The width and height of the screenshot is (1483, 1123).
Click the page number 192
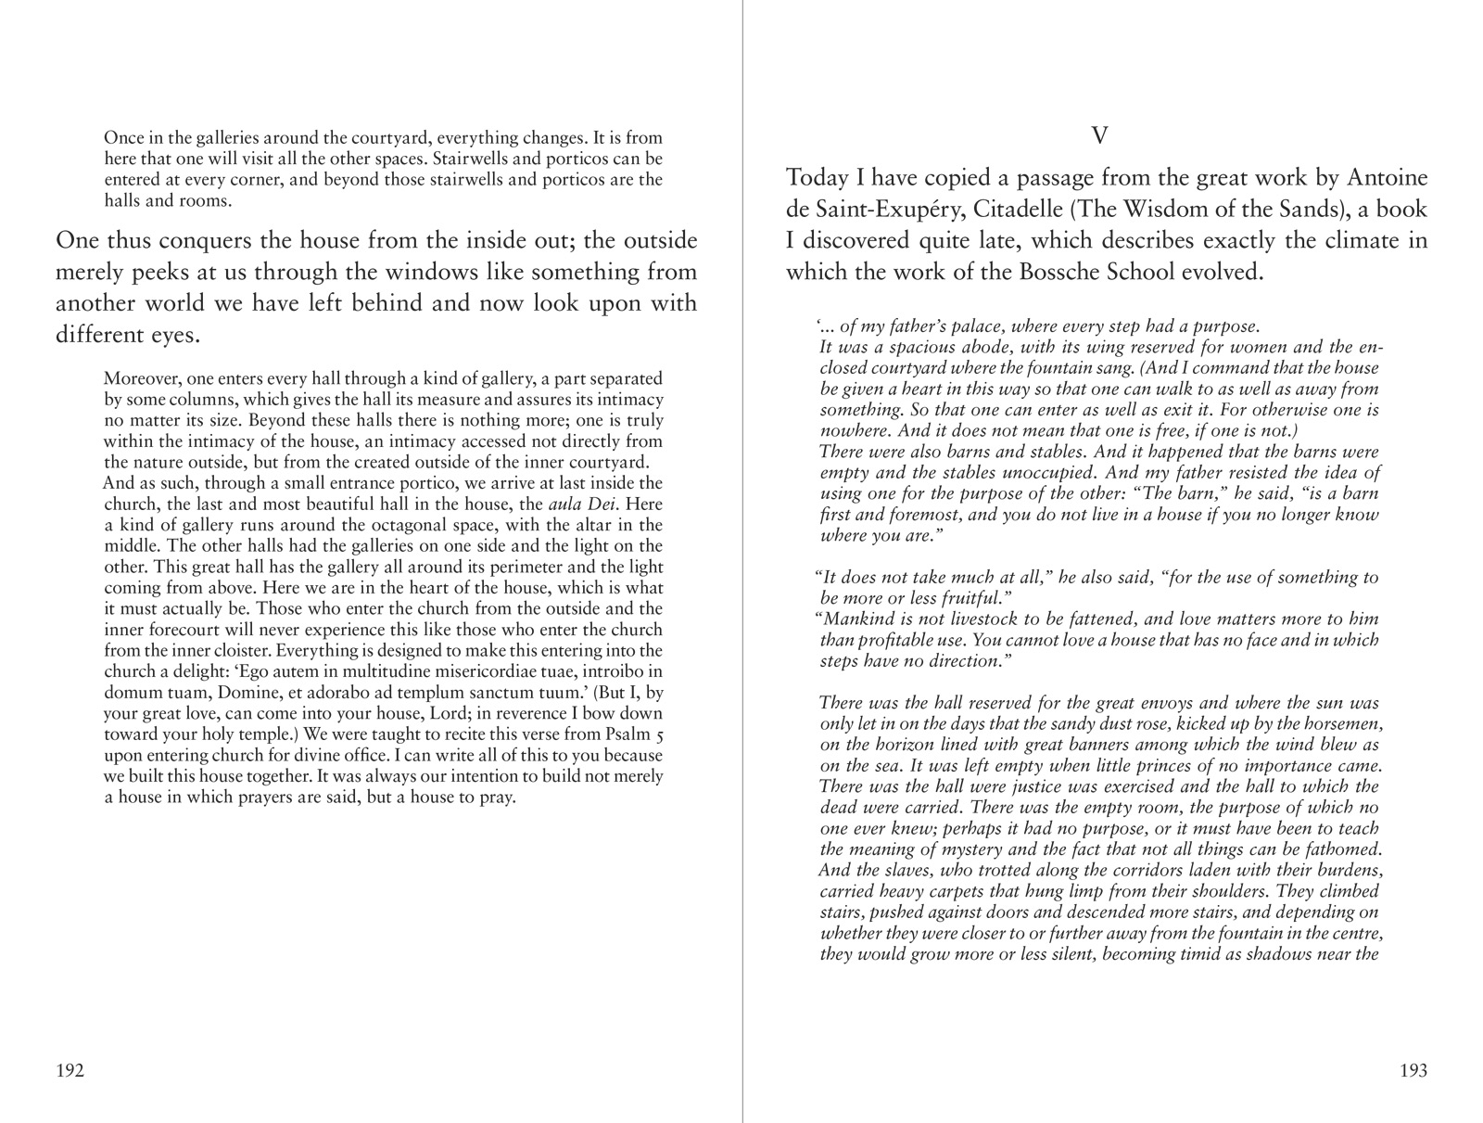[70, 1071]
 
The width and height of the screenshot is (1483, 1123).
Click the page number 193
[1413, 1071]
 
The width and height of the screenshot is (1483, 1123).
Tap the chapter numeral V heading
[1099, 136]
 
